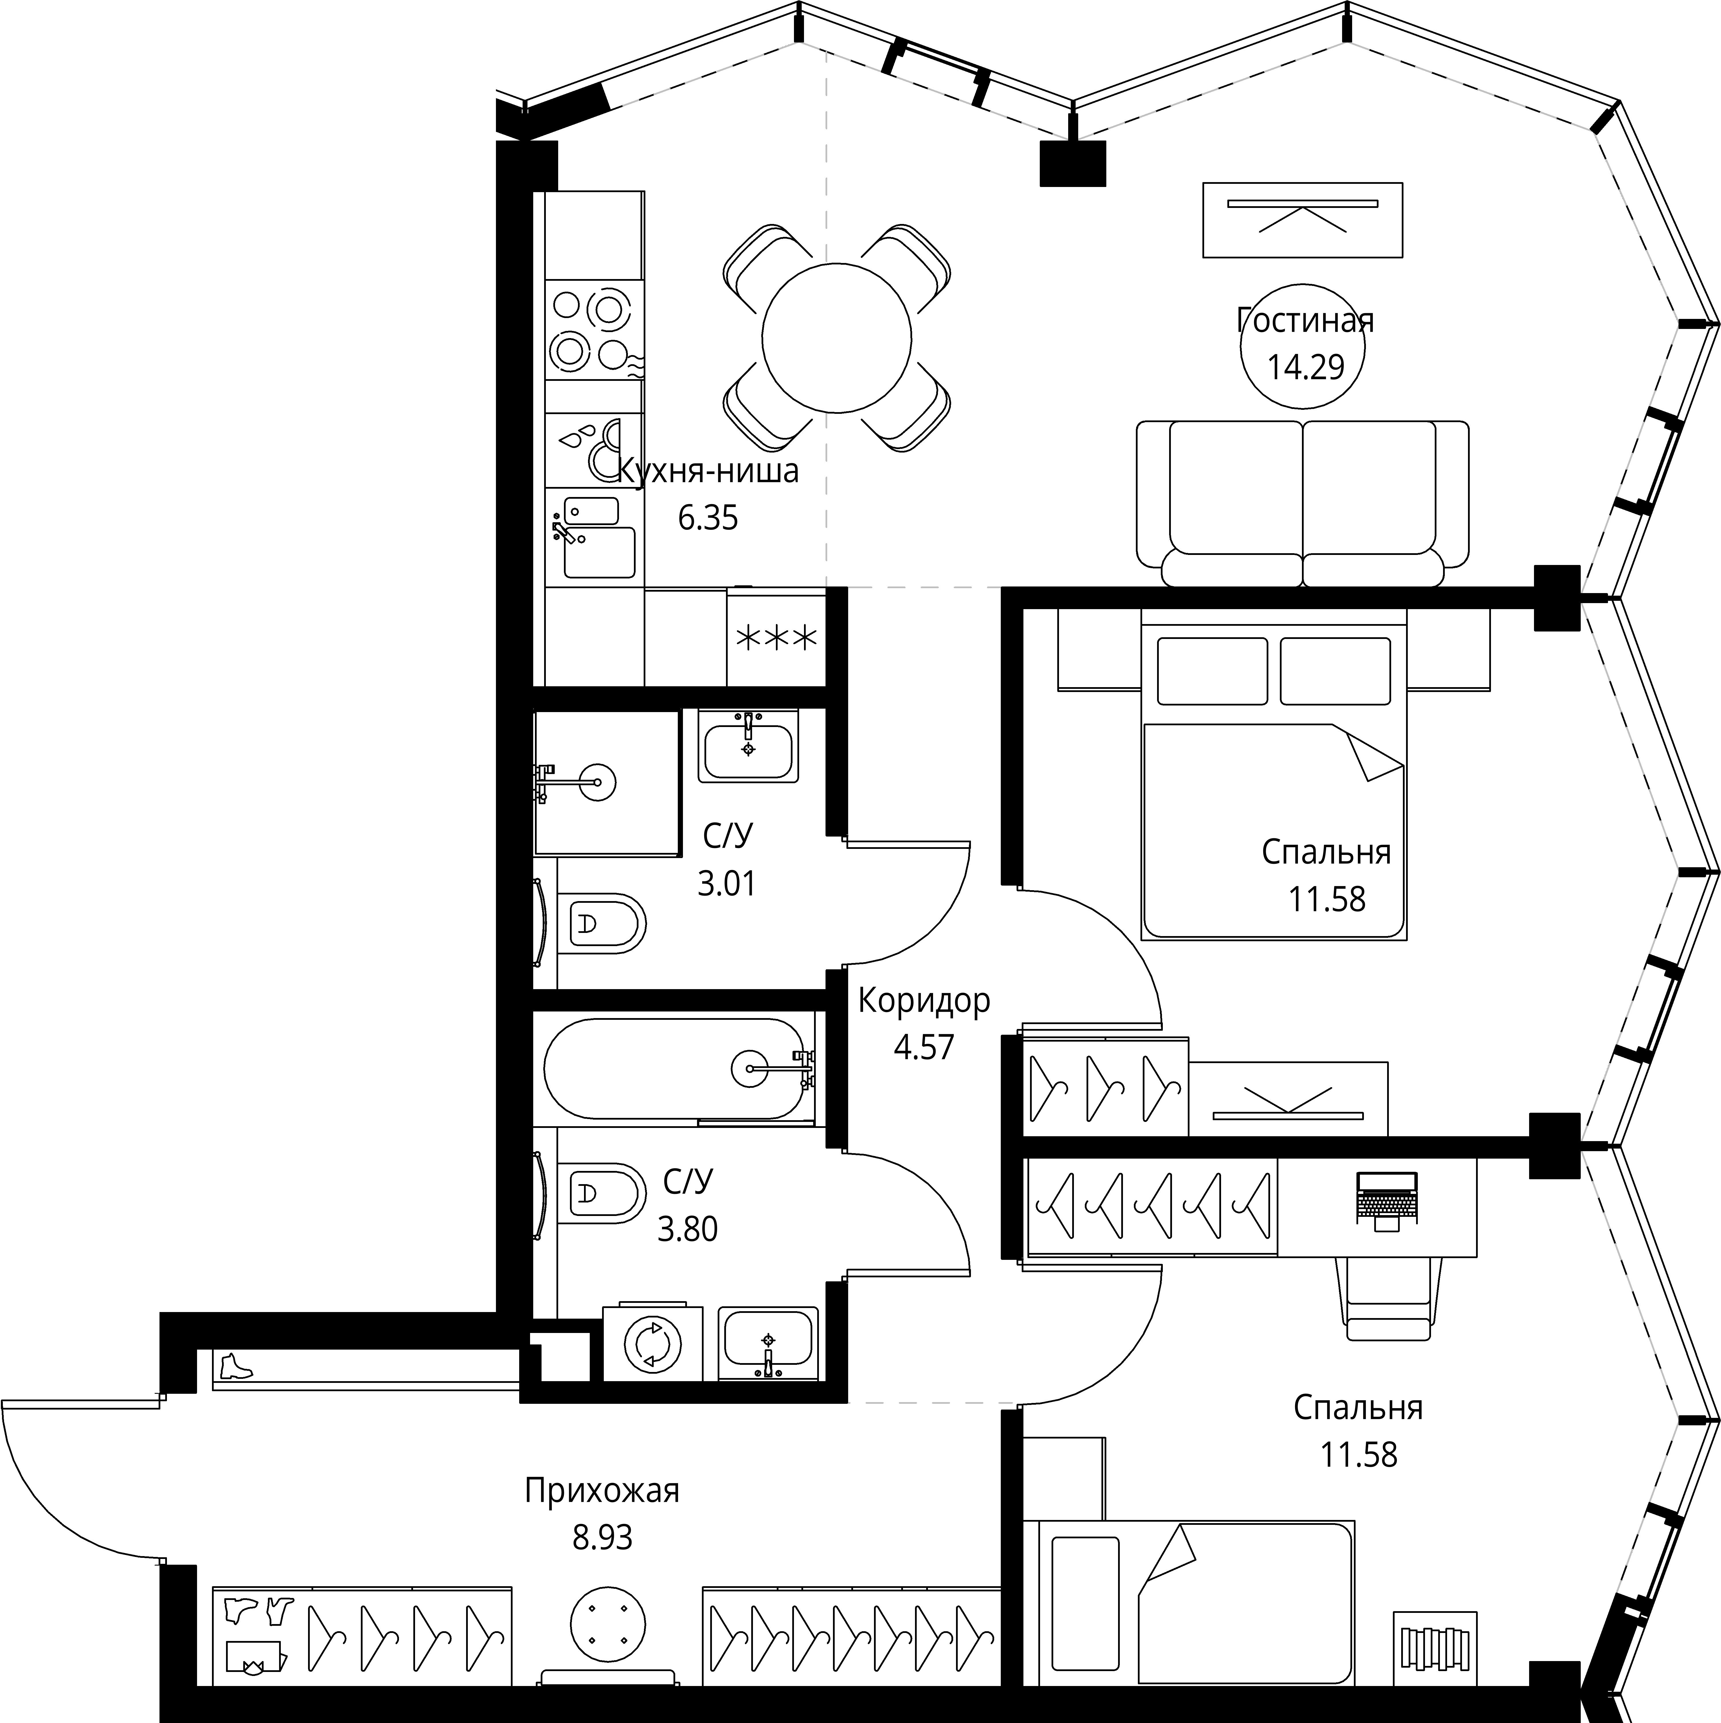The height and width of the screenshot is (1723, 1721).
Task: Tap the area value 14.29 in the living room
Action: point(1305,367)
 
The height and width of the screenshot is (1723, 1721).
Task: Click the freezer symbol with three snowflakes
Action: point(775,639)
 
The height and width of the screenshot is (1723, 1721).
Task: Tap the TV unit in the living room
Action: point(1303,220)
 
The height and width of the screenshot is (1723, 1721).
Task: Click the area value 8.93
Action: point(602,1537)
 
